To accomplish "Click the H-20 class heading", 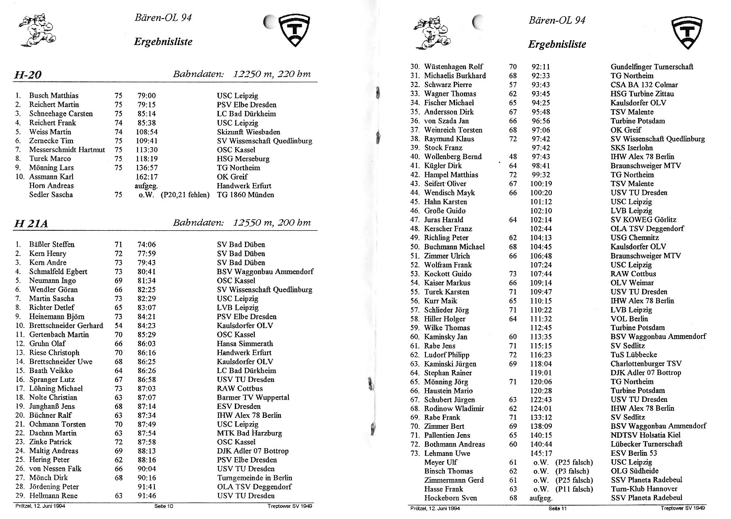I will (27, 75).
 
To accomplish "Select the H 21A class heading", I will (31, 224).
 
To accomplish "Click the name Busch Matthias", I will (54, 95).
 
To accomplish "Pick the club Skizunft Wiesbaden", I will (248, 132).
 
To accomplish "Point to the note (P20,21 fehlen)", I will (185, 195).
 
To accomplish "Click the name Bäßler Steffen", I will (52, 244).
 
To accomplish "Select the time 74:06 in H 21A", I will (146, 244).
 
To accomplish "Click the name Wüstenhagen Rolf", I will (453, 67).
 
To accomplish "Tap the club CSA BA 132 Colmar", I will (644, 85).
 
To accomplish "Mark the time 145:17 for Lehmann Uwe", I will (541, 454).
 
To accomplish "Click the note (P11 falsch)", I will (574, 489).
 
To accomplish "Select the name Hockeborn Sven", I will (450, 498).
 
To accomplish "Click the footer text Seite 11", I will (557, 508).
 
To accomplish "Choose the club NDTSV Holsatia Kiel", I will (646, 435).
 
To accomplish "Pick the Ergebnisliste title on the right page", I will (557, 44).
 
